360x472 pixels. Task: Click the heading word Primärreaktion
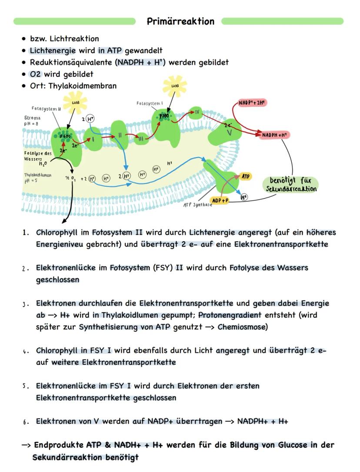(180, 21)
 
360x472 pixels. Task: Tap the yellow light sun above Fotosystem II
(75, 103)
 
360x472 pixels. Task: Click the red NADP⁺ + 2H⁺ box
(252, 103)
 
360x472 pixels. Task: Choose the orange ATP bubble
(246, 176)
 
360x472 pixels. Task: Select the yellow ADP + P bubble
(220, 200)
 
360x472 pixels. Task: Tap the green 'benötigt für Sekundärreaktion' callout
(291, 184)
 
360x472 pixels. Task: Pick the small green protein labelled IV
(197, 112)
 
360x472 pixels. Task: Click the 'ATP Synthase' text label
(197, 205)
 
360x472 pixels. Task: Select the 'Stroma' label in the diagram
(32, 117)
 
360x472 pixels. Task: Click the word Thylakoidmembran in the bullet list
(83, 86)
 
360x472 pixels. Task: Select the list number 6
(26, 422)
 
